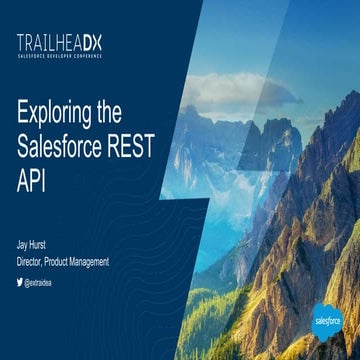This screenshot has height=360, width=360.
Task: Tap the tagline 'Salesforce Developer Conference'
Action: (x=59, y=54)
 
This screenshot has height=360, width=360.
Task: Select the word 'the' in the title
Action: (x=125, y=113)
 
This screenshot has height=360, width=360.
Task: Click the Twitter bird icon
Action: (x=19, y=283)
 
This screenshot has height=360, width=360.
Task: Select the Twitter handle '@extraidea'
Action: (x=41, y=283)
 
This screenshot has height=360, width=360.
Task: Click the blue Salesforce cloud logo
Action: (x=324, y=320)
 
